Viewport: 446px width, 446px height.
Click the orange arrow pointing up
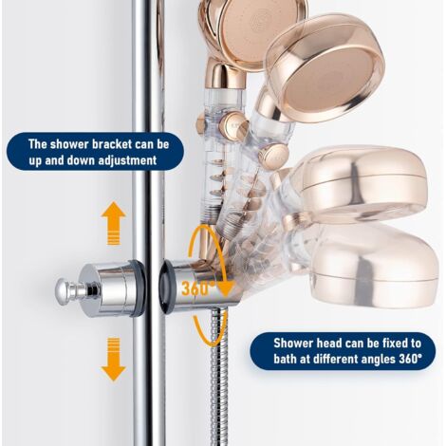(x=114, y=223)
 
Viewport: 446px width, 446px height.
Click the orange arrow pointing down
(x=114, y=360)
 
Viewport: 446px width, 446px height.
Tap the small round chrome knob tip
(x=63, y=289)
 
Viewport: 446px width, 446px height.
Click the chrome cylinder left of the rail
(x=114, y=288)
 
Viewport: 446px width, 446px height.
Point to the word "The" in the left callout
(x=38, y=144)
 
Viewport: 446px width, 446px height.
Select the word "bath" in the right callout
(x=285, y=360)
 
